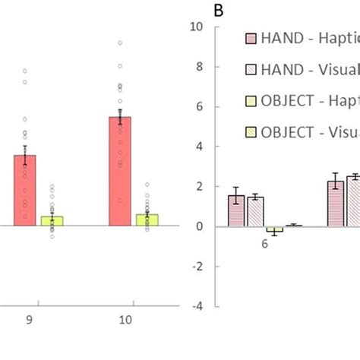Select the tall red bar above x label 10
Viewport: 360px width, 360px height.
click(x=120, y=171)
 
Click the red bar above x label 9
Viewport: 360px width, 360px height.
click(x=25, y=190)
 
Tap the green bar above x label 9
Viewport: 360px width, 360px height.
click(x=52, y=220)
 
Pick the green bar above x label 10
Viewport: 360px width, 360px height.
click(x=147, y=219)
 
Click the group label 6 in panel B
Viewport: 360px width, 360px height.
click(x=264, y=245)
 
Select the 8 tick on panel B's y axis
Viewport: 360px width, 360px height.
click(x=199, y=67)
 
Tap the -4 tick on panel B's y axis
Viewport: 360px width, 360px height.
click(x=197, y=307)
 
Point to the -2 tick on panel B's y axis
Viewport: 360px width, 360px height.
click(x=197, y=267)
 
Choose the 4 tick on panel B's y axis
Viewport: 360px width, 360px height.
click(x=199, y=147)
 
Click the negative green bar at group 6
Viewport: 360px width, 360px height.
click(x=274, y=229)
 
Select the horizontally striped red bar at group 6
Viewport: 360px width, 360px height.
click(x=237, y=210)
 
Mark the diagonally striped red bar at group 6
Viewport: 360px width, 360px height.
click(x=255, y=211)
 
